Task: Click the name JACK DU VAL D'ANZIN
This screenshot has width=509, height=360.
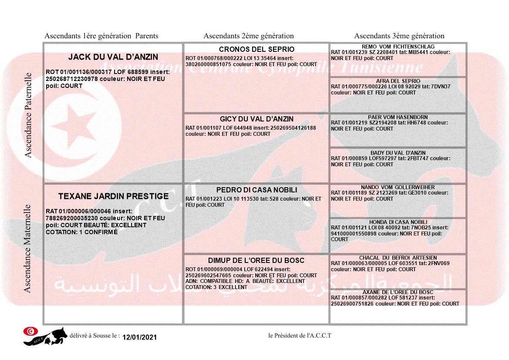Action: pyautogui.click(x=113, y=57)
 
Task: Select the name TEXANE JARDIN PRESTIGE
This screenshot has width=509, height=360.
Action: pyautogui.click(x=113, y=196)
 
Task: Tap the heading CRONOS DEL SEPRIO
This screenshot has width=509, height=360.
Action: pyautogui.click(x=256, y=49)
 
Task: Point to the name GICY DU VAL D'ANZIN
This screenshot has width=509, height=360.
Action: pyautogui.click(x=256, y=119)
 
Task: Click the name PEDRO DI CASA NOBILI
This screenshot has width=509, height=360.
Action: pyautogui.click(x=256, y=190)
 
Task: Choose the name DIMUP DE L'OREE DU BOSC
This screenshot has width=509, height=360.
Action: pyautogui.click(x=256, y=260)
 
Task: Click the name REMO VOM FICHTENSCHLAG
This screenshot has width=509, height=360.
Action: pyautogui.click(x=398, y=47)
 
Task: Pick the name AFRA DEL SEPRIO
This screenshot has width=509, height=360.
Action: pyautogui.click(x=398, y=81)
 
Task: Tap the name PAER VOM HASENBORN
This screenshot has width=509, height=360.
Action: pyautogui.click(x=398, y=117)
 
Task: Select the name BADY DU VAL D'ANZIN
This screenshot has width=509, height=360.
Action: pyautogui.click(x=398, y=153)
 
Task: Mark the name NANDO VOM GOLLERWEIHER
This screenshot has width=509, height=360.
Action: pyautogui.click(x=398, y=187)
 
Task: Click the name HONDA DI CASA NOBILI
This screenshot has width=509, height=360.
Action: pyautogui.click(x=398, y=222)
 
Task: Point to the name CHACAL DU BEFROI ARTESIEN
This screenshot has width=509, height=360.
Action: pyautogui.click(x=398, y=258)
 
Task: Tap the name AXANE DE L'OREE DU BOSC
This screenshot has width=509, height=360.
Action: pyautogui.click(x=398, y=292)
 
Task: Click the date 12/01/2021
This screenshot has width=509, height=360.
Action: pyautogui.click(x=139, y=337)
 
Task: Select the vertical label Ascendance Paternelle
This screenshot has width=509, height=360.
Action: pyautogui.click(x=28, y=115)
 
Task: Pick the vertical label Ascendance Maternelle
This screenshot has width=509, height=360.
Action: pyautogui.click(x=27, y=249)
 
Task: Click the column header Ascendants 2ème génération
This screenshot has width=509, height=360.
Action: pyautogui.click(x=249, y=36)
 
